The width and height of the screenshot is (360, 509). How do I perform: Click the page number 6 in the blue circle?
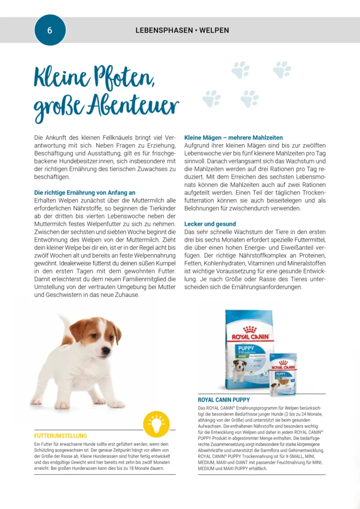pyautogui.click(x=50, y=31)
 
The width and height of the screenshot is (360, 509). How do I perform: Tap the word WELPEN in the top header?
pyautogui.click(x=214, y=31)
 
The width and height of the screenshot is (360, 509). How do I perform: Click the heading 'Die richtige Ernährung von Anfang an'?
pyautogui.click(x=85, y=192)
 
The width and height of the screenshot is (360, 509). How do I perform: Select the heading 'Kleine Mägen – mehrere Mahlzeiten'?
pyautogui.click(x=234, y=137)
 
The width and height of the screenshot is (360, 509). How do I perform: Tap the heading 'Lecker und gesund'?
pyautogui.click(x=210, y=224)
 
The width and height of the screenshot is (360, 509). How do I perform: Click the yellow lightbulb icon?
pyautogui.click(x=156, y=424)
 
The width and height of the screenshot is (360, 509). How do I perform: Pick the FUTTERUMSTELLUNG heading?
pyautogui.click(x=61, y=436)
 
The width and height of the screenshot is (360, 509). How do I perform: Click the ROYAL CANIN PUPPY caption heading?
pyautogui.click(x=224, y=400)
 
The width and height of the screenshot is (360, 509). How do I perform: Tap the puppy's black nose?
pyautogui.click(x=106, y=350)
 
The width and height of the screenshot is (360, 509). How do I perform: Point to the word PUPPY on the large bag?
pyautogui.click(x=246, y=348)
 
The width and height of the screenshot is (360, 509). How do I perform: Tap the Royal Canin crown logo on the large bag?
pyautogui.click(x=249, y=330)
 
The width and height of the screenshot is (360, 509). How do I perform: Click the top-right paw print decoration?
pyautogui.click(x=282, y=69)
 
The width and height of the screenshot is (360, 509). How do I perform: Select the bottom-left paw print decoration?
pyautogui.click(x=211, y=98)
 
